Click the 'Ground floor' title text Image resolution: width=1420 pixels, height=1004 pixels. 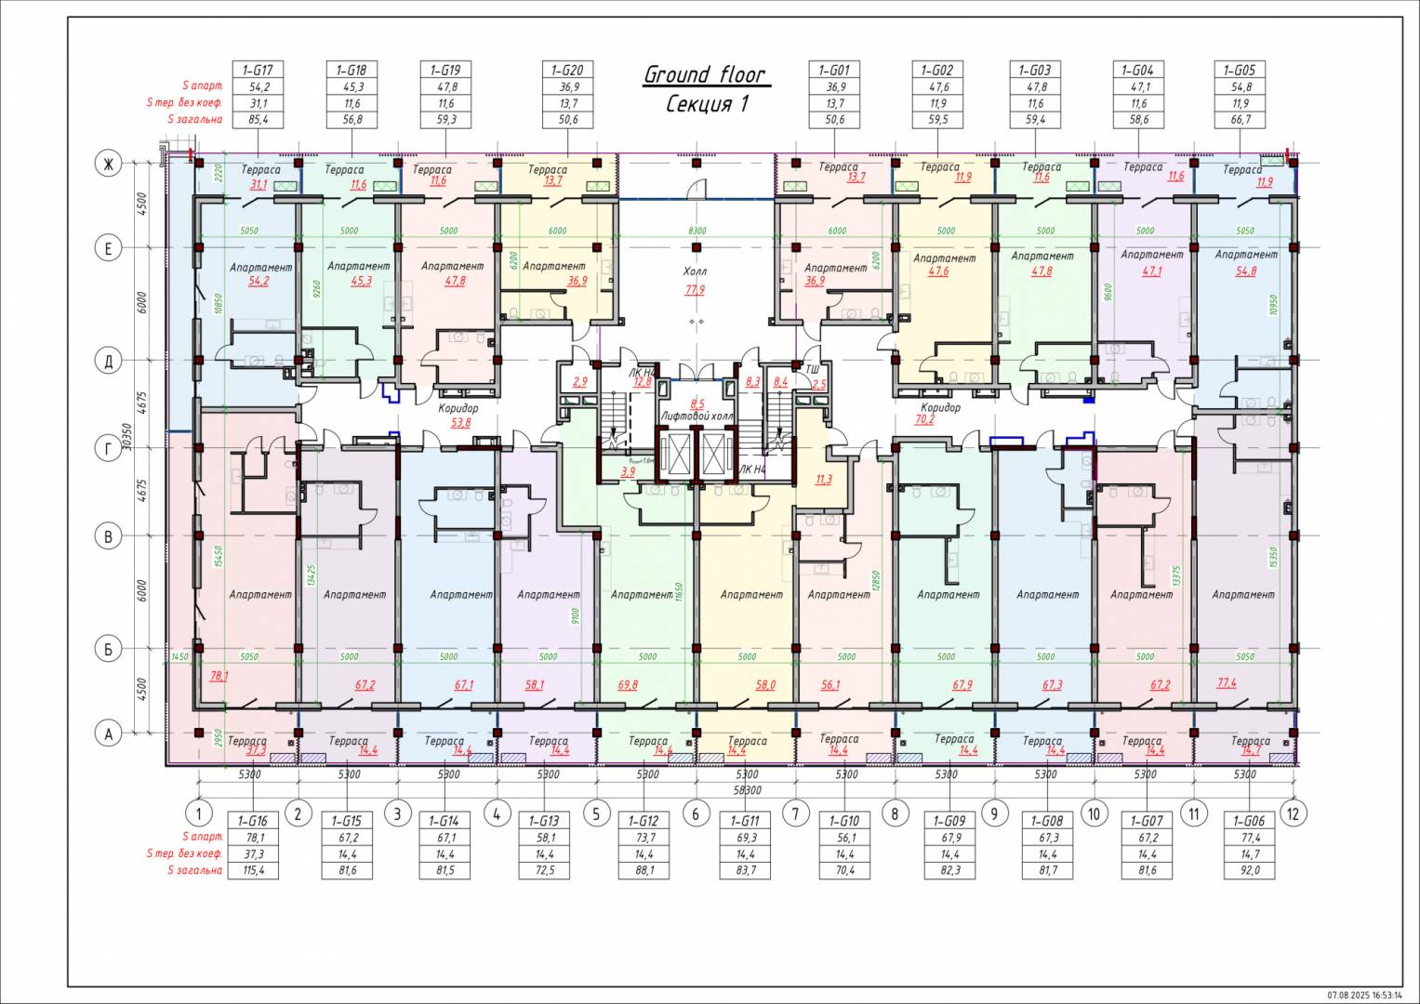tap(705, 74)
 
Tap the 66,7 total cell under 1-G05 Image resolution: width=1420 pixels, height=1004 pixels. tap(1240, 120)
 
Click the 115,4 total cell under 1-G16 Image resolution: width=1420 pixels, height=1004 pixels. tap(252, 871)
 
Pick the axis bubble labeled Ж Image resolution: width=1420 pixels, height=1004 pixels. tap(108, 165)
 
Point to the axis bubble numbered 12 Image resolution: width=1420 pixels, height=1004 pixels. tap(1293, 813)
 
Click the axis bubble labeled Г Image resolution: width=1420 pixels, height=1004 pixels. tap(108, 449)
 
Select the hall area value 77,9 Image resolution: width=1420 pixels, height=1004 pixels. tap(695, 290)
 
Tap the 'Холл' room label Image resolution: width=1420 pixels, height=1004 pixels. tap(695, 271)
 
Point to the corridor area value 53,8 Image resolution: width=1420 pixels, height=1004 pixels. tap(459, 422)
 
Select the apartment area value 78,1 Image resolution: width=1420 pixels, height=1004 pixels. tap(219, 676)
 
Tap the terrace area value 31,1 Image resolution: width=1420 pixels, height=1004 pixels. tap(259, 184)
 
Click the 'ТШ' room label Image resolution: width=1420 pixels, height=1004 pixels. tap(811, 370)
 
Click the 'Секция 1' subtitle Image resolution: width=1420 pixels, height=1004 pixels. tap(707, 104)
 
